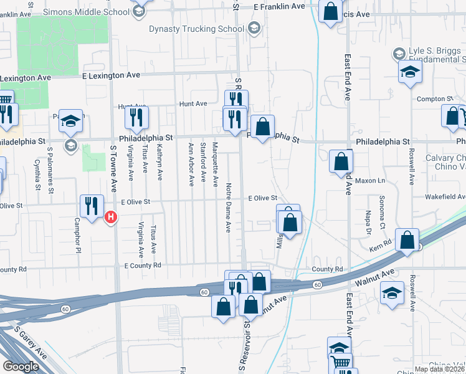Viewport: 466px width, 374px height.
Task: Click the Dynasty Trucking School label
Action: coord(196,29)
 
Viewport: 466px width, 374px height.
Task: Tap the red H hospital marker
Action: coord(111,218)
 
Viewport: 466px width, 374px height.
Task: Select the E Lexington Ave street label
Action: coord(112,75)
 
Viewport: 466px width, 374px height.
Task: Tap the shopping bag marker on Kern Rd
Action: coord(407,240)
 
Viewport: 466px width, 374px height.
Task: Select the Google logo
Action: coord(21,367)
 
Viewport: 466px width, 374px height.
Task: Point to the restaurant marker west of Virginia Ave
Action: coord(136,117)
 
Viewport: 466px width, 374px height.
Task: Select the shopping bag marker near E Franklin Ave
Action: coord(330,9)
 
